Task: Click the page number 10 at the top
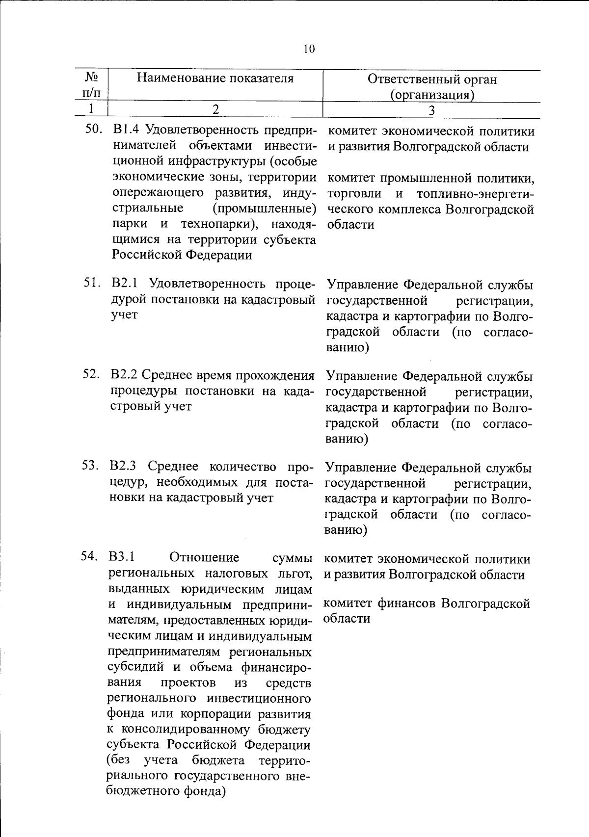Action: coord(309,49)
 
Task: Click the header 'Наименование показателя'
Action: coord(215,78)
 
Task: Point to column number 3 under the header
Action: coord(431,110)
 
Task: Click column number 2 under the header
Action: coord(215,109)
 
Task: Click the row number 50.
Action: coord(93,131)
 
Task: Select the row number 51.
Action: coord(92,284)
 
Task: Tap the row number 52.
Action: coord(91,375)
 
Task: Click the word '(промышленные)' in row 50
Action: coord(265,209)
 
